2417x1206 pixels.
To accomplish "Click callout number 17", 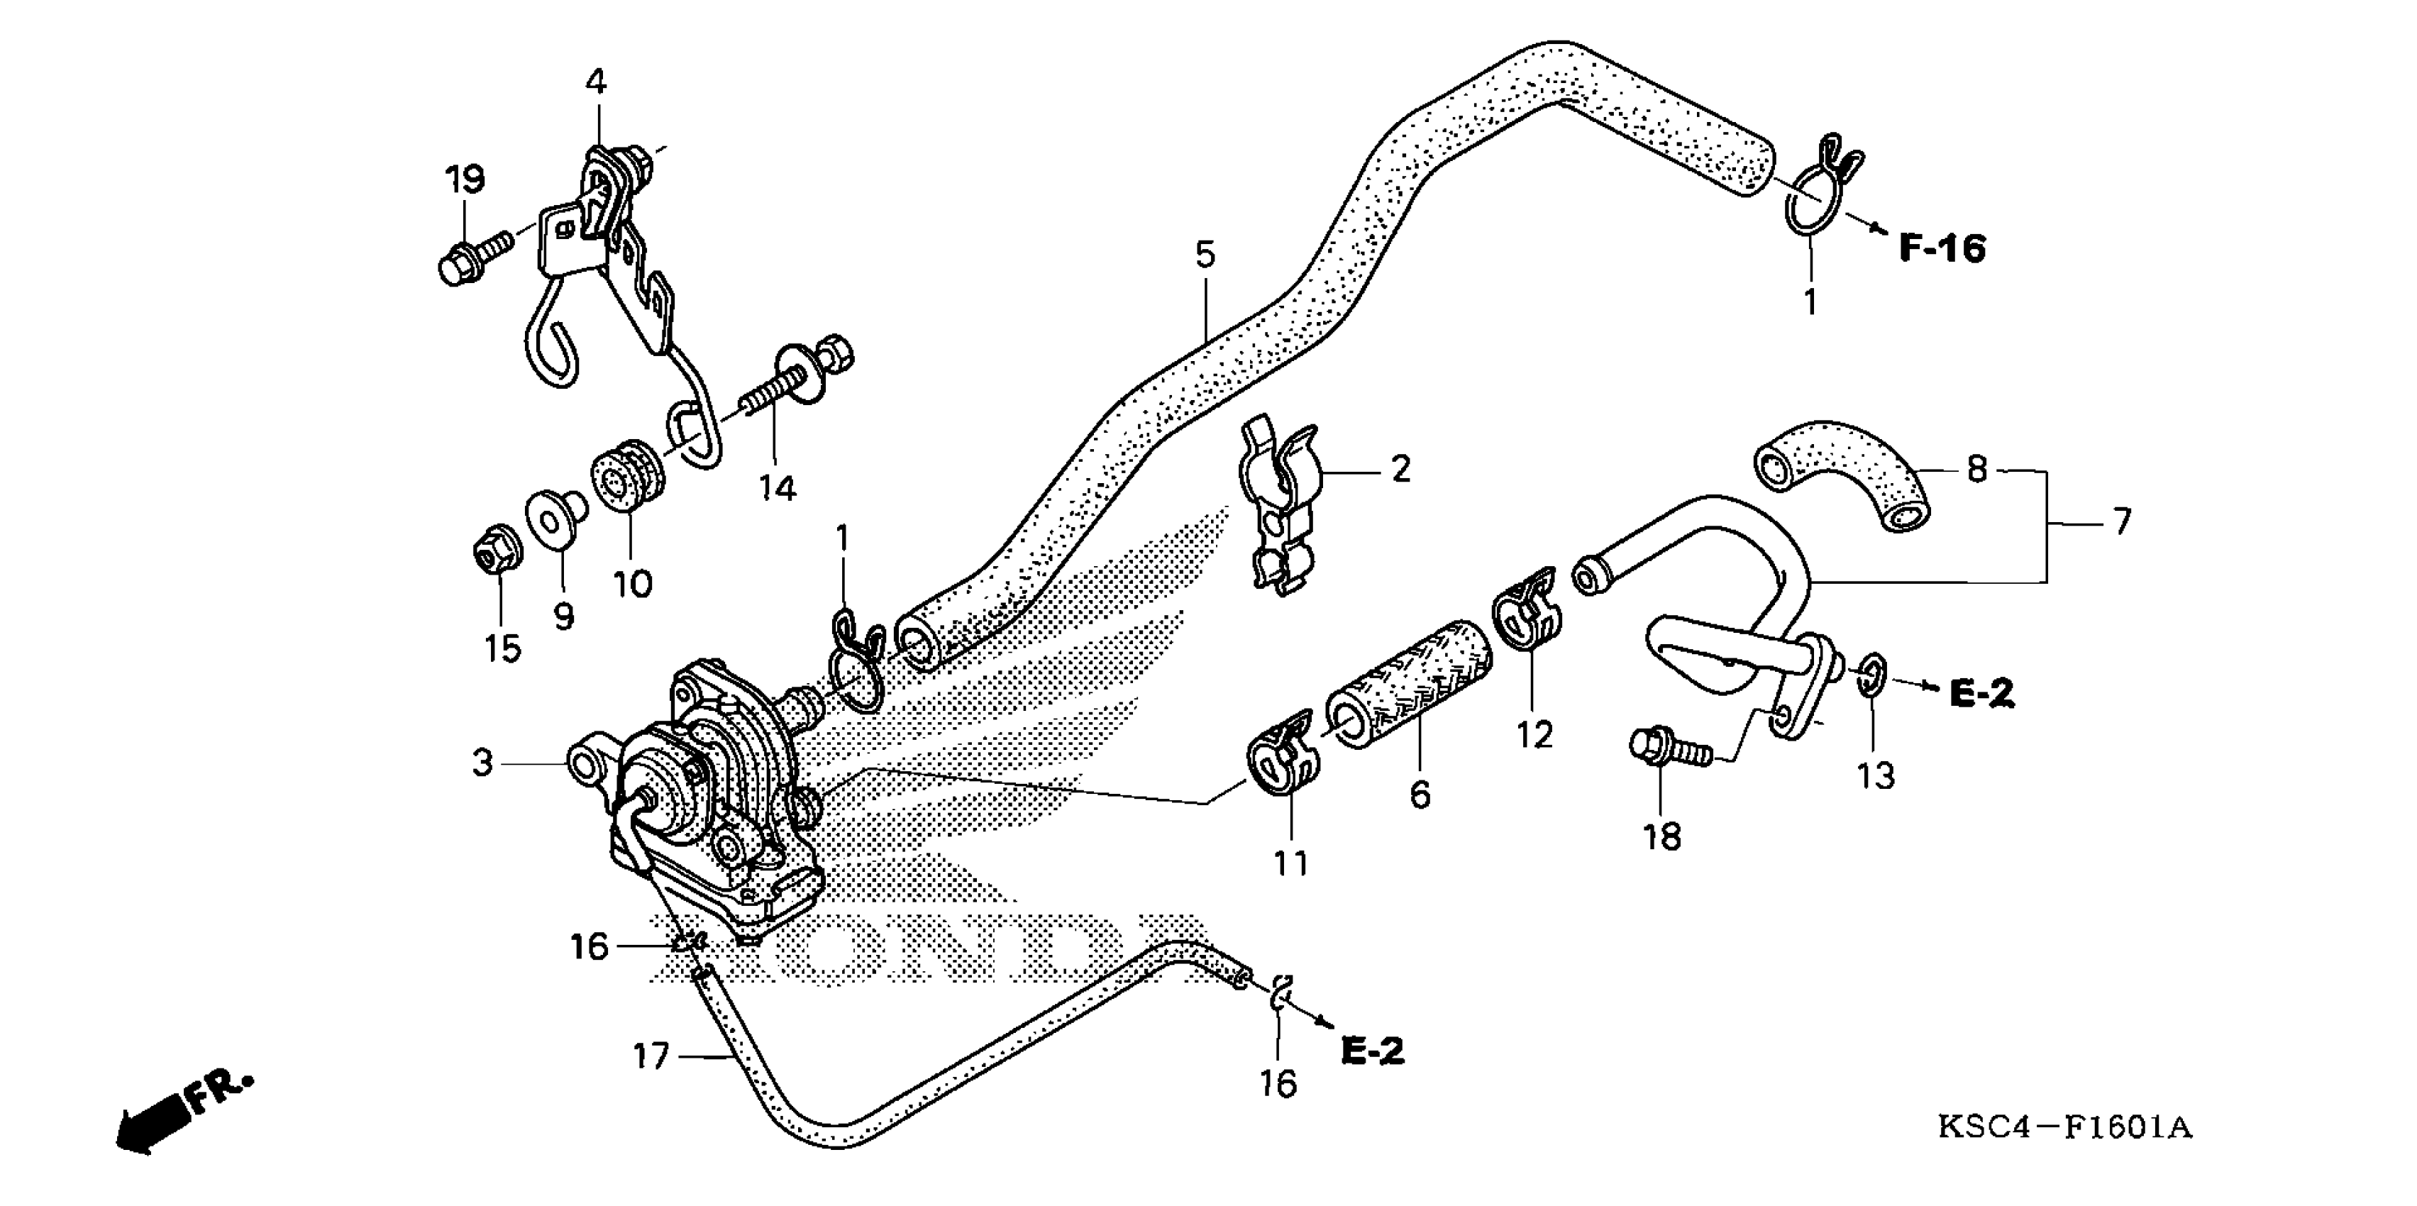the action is pos(651,1057).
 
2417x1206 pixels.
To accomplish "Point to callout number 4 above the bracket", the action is pos(596,82).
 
